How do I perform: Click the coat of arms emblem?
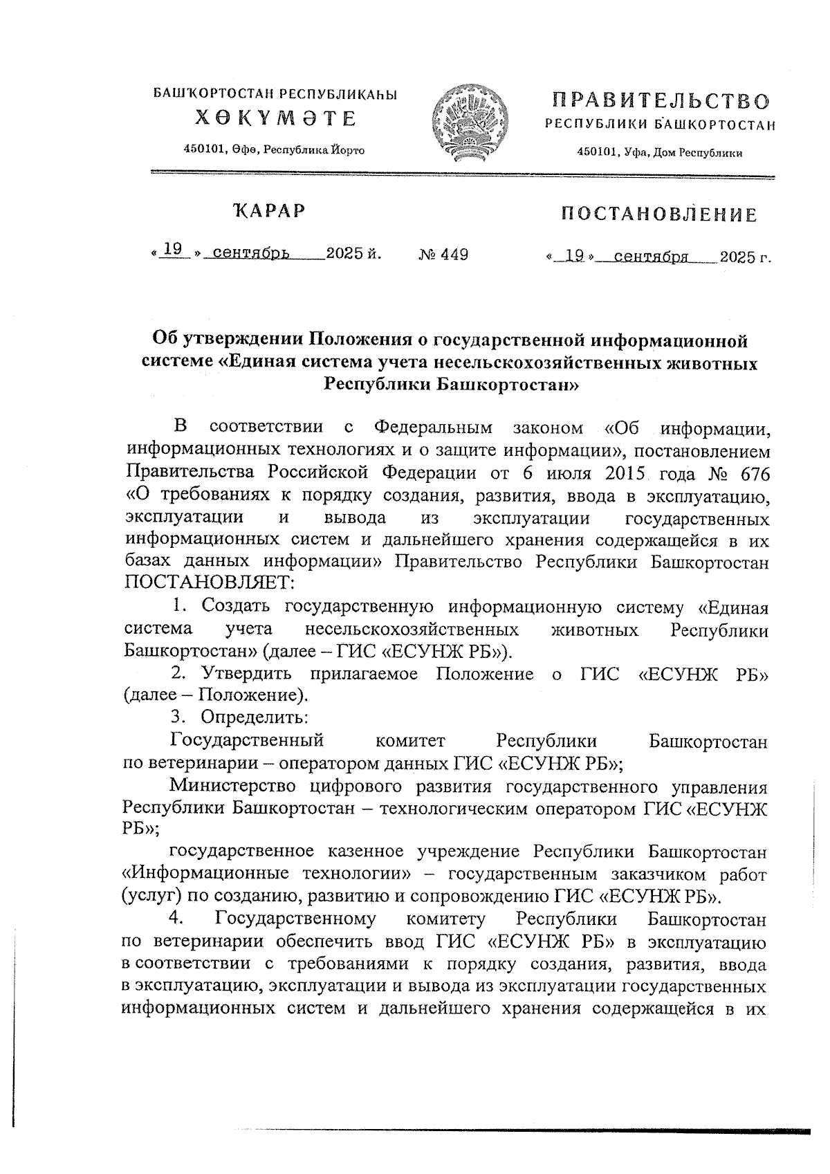[x=470, y=122]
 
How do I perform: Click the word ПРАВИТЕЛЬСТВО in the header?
[x=661, y=101]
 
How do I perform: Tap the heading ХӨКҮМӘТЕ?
[x=275, y=118]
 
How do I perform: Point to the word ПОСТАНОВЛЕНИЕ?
[x=658, y=214]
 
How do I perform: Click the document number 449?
[x=454, y=255]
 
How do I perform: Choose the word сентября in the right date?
[x=651, y=257]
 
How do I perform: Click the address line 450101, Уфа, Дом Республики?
[x=660, y=154]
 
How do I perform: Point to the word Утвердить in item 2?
[x=245, y=674]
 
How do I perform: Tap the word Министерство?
[x=234, y=786]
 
